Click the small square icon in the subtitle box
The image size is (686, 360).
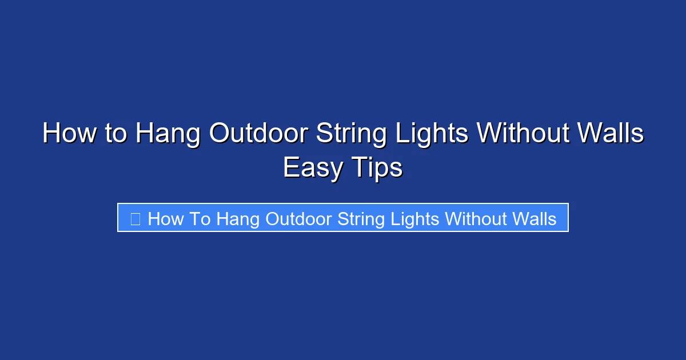coord(135,219)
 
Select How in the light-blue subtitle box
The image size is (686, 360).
coord(166,219)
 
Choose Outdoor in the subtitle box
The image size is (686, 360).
coord(299,219)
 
